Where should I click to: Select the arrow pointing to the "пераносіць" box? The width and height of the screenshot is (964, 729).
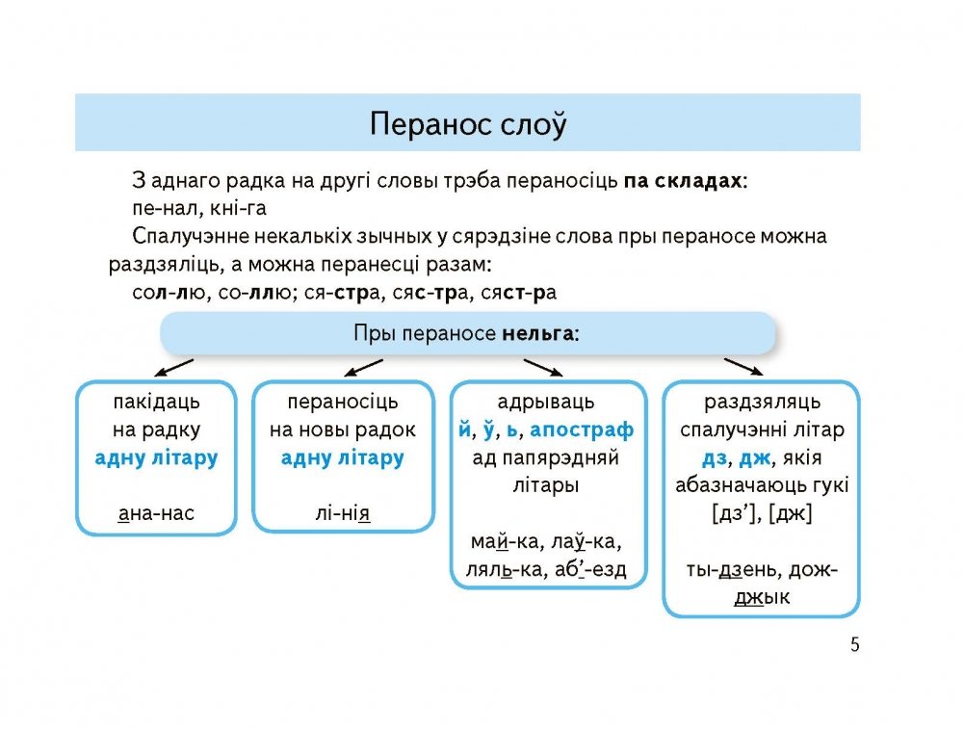[x=363, y=368]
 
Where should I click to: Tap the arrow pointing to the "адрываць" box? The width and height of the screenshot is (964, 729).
[x=543, y=368]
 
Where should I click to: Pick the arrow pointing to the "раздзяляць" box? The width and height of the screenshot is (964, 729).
[x=744, y=367]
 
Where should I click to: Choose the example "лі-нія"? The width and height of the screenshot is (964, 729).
[x=343, y=513]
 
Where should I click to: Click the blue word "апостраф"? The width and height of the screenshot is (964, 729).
[x=582, y=430]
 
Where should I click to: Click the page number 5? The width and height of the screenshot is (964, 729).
[x=854, y=645]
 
